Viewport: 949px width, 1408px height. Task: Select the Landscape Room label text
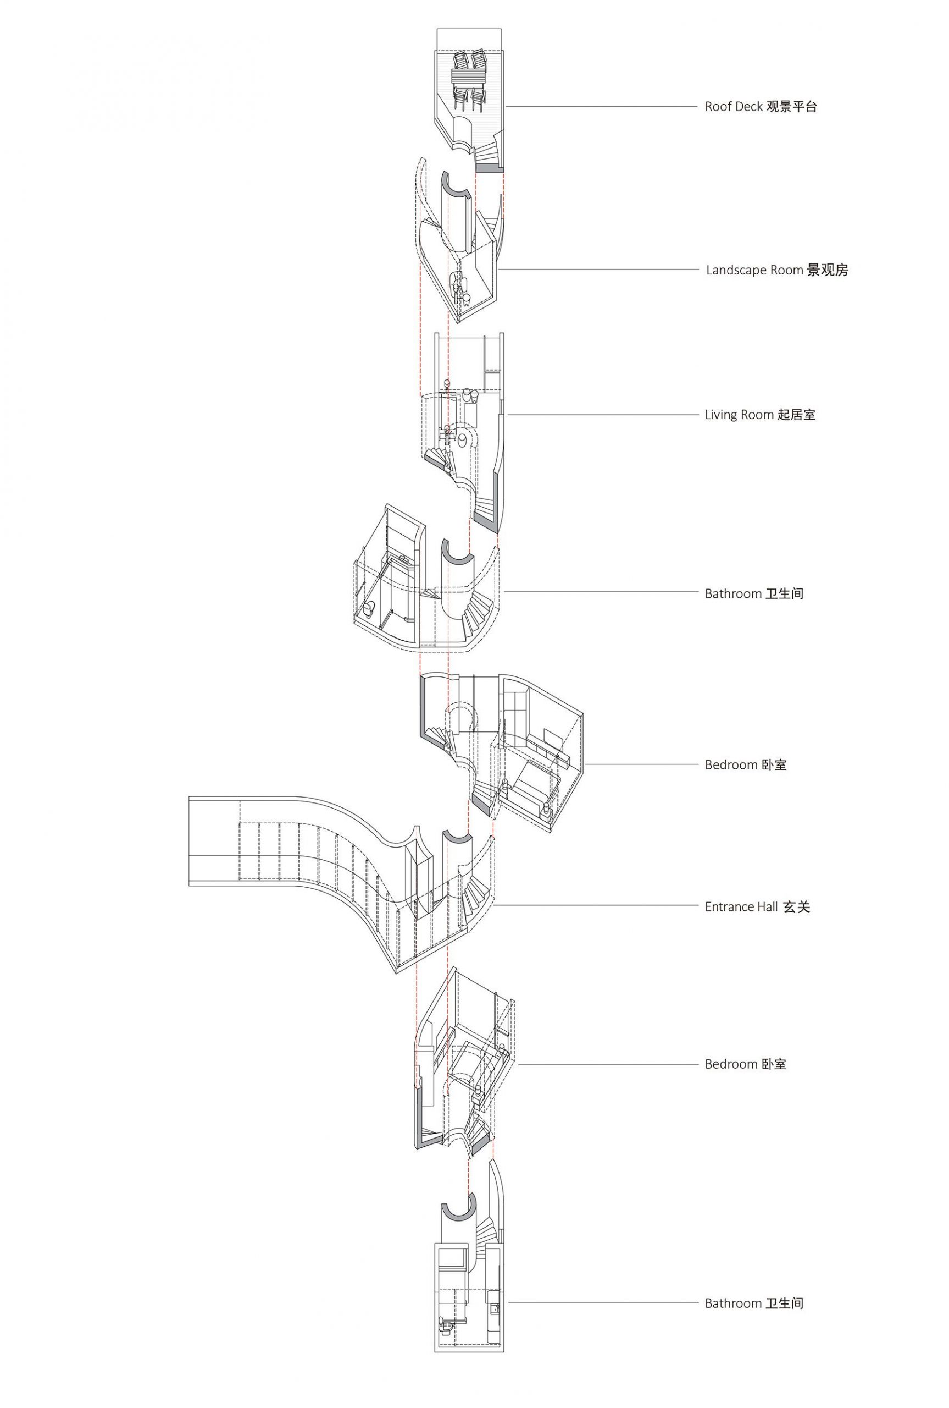pyautogui.click(x=754, y=270)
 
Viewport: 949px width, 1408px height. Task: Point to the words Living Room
pyautogui.click(x=739, y=415)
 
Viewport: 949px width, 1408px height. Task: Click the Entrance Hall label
pyautogui.click(x=741, y=906)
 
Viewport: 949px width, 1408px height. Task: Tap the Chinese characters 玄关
pyautogui.click(x=796, y=906)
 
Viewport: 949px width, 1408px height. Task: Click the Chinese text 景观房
pyautogui.click(x=828, y=270)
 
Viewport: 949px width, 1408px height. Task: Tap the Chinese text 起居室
pyautogui.click(x=796, y=415)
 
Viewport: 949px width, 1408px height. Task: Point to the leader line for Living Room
pyautogui.click(x=602, y=415)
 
